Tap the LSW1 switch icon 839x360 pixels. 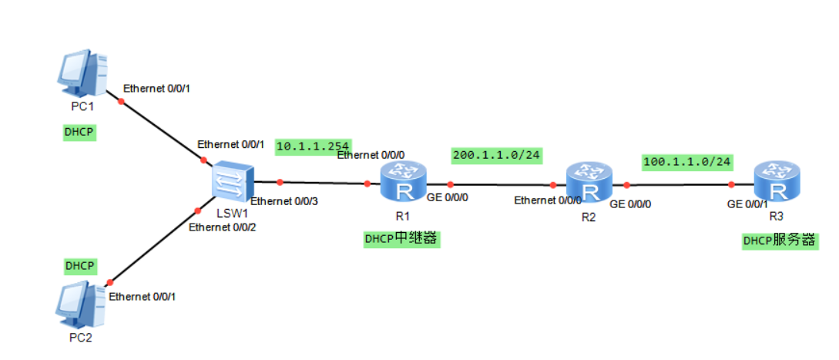[232, 183]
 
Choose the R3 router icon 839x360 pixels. [776, 183]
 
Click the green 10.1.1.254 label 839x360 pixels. [313, 146]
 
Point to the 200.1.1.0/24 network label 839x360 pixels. [497, 155]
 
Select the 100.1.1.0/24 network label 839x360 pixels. [686, 162]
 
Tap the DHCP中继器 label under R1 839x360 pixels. [401, 239]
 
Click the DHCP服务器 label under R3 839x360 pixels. [779, 241]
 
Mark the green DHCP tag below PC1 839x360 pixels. [79, 133]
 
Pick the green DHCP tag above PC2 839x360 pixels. [79, 265]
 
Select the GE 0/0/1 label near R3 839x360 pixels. [747, 204]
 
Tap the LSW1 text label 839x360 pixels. [231, 213]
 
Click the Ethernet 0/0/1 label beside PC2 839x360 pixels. [142, 296]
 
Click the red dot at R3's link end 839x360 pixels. [730, 184]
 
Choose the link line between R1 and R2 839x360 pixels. [501, 185]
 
